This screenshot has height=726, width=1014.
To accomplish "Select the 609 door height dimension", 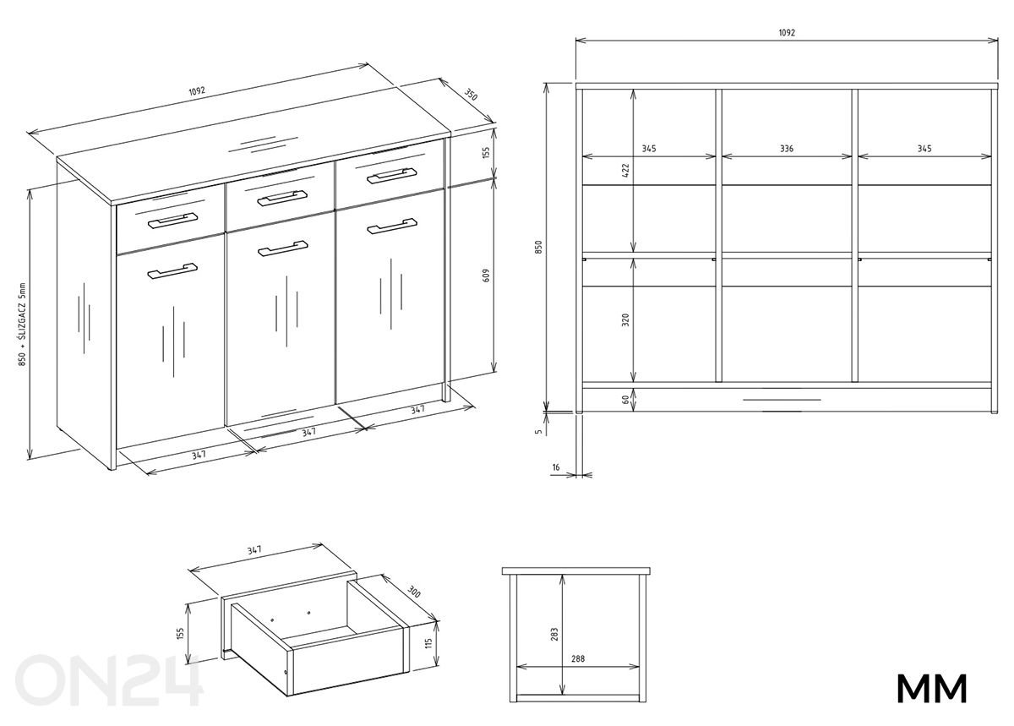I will pyautogui.click(x=485, y=276).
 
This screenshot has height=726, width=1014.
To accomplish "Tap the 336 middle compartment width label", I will pyautogui.click(x=786, y=148).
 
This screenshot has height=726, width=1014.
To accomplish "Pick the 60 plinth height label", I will pyautogui.click(x=625, y=399).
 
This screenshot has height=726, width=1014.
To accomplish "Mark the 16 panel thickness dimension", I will pyautogui.click(x=555, y=467).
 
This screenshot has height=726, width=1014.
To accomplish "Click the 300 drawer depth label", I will pyautogui.click(x=413, y=592).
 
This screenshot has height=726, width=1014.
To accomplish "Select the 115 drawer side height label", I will pyautogui.click(x=428, y=643).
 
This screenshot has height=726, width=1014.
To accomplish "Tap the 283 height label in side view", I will pyautogui.click(x=553, y=633).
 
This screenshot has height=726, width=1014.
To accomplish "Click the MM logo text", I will pyautogui.click(x=931, y=689).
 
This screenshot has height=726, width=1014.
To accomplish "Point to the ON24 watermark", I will pyautogui.click(x=110, y=680).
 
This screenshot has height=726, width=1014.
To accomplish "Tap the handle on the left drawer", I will pyautogui.click(x=172, y=221).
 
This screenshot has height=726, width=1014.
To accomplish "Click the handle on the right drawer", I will pyautogui.click(x=392, y=175).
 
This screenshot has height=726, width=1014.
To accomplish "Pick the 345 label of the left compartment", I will pyautogui.click(x=648, y=148).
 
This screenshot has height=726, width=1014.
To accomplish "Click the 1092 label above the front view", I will pyautogui.click(x=786, y=33).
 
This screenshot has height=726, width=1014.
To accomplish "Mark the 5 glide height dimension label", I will pyautogui.click(x=538, y=430).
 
